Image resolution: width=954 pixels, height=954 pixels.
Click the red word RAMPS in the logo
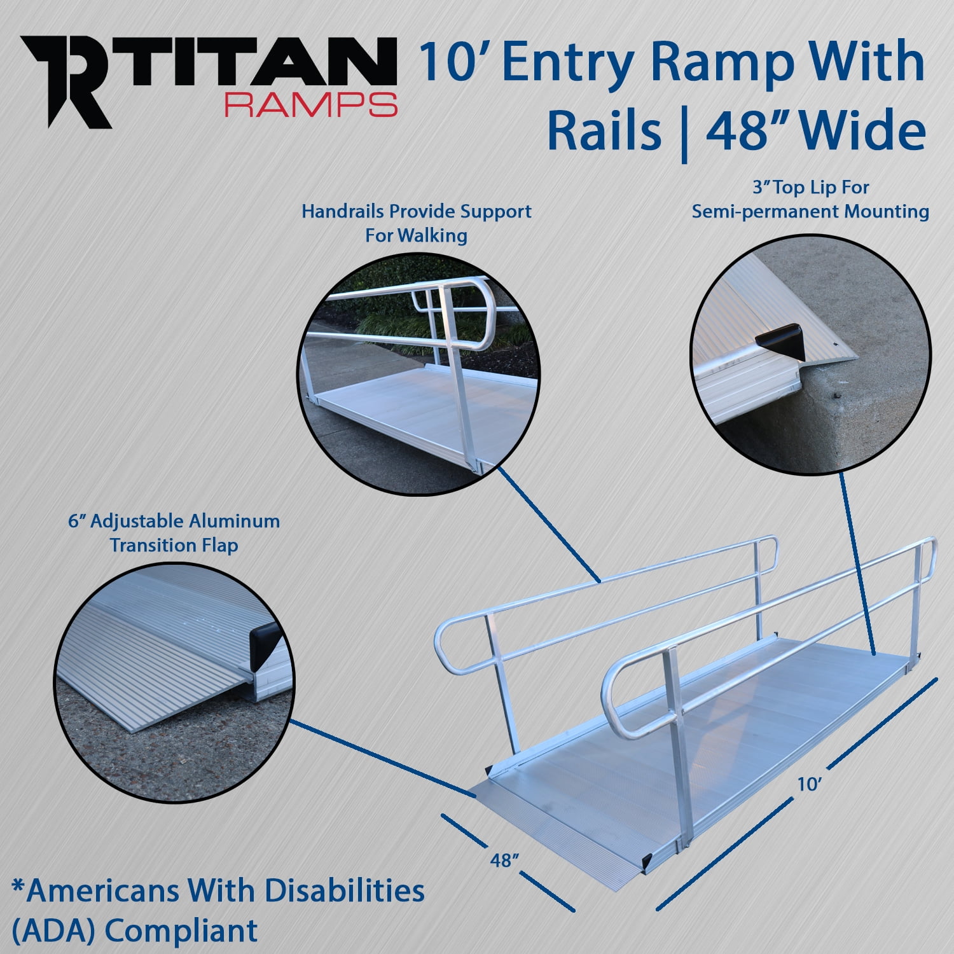[x=311, y=104]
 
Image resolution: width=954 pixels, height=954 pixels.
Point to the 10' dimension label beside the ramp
[x=810, y=784]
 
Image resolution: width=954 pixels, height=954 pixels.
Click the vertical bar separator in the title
[x=684, y=132]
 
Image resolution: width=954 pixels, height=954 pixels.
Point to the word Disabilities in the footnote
[x=344, y=890]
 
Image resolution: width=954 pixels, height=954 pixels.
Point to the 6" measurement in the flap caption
[x=77, y=522]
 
